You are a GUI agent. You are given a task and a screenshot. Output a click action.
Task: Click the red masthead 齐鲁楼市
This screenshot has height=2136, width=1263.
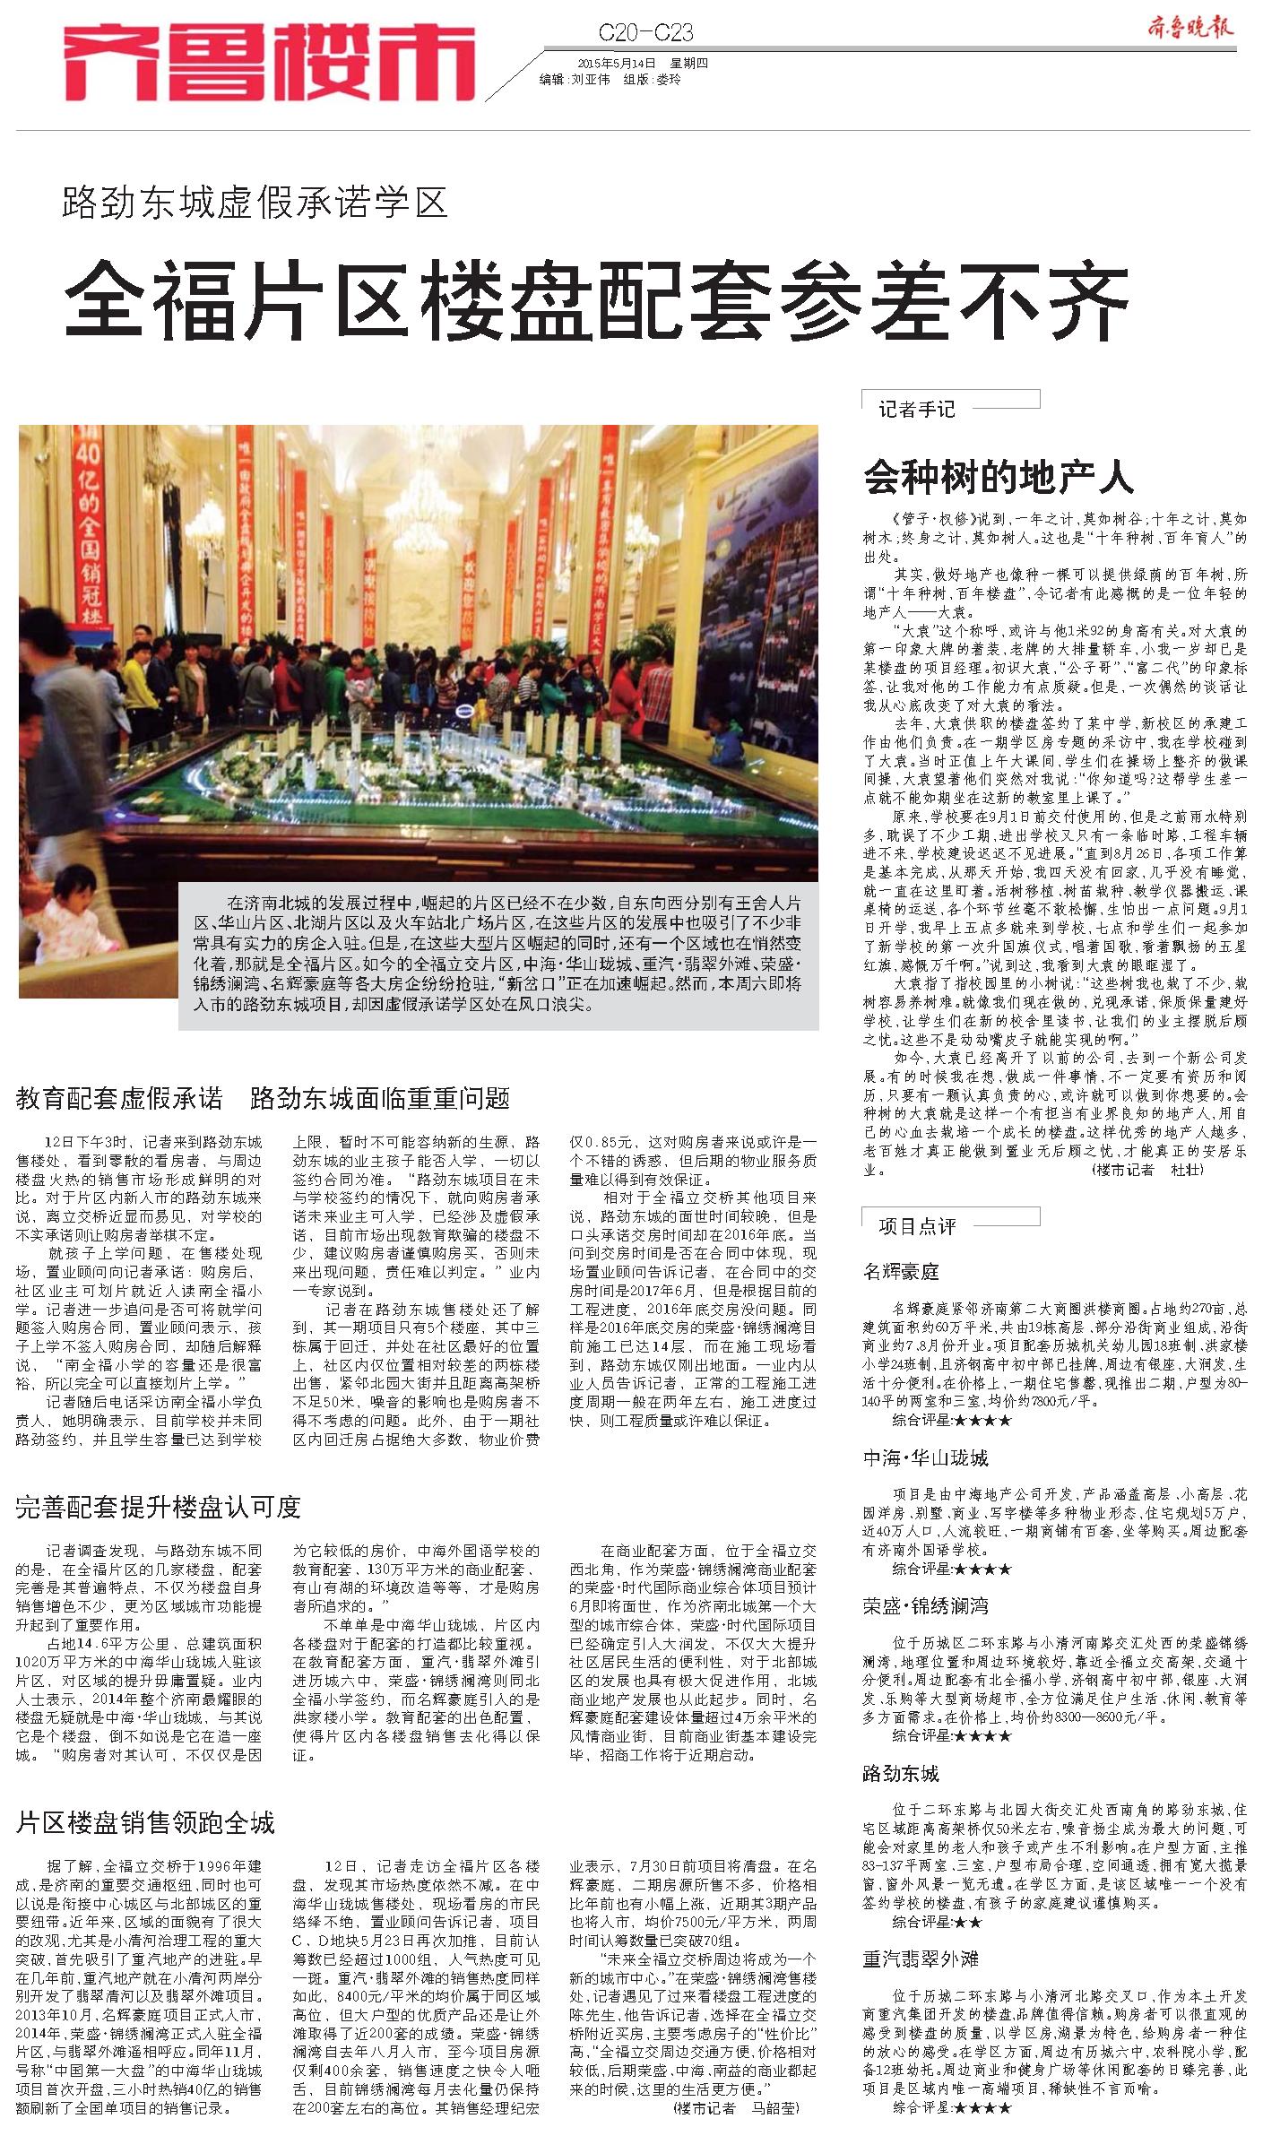(x=269, y=62)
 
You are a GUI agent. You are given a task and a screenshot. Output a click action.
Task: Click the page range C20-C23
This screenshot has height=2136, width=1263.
(x=645, y=34)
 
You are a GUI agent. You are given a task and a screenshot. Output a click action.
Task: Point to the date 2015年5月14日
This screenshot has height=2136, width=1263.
(x=619, y=63)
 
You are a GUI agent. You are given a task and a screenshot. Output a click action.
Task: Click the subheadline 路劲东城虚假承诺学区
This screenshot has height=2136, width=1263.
(x=255, y=204)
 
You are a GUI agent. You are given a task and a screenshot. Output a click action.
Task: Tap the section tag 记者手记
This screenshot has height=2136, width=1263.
(x=916, y=410)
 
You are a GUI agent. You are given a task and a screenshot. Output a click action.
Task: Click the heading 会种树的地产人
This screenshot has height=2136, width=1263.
(x=998, y=477)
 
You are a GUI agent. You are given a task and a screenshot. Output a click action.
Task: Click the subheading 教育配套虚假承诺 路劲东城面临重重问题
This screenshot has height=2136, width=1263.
(x=263, y=1098)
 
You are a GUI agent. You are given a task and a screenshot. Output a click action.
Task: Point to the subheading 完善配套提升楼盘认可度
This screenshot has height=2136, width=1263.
(x=158, y=1507)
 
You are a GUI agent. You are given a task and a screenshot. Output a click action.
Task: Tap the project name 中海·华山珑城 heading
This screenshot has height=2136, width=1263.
(x=925, y=1458)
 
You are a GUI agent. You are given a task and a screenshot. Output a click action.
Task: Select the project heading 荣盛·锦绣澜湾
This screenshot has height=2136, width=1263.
(x=925, y=1605)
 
